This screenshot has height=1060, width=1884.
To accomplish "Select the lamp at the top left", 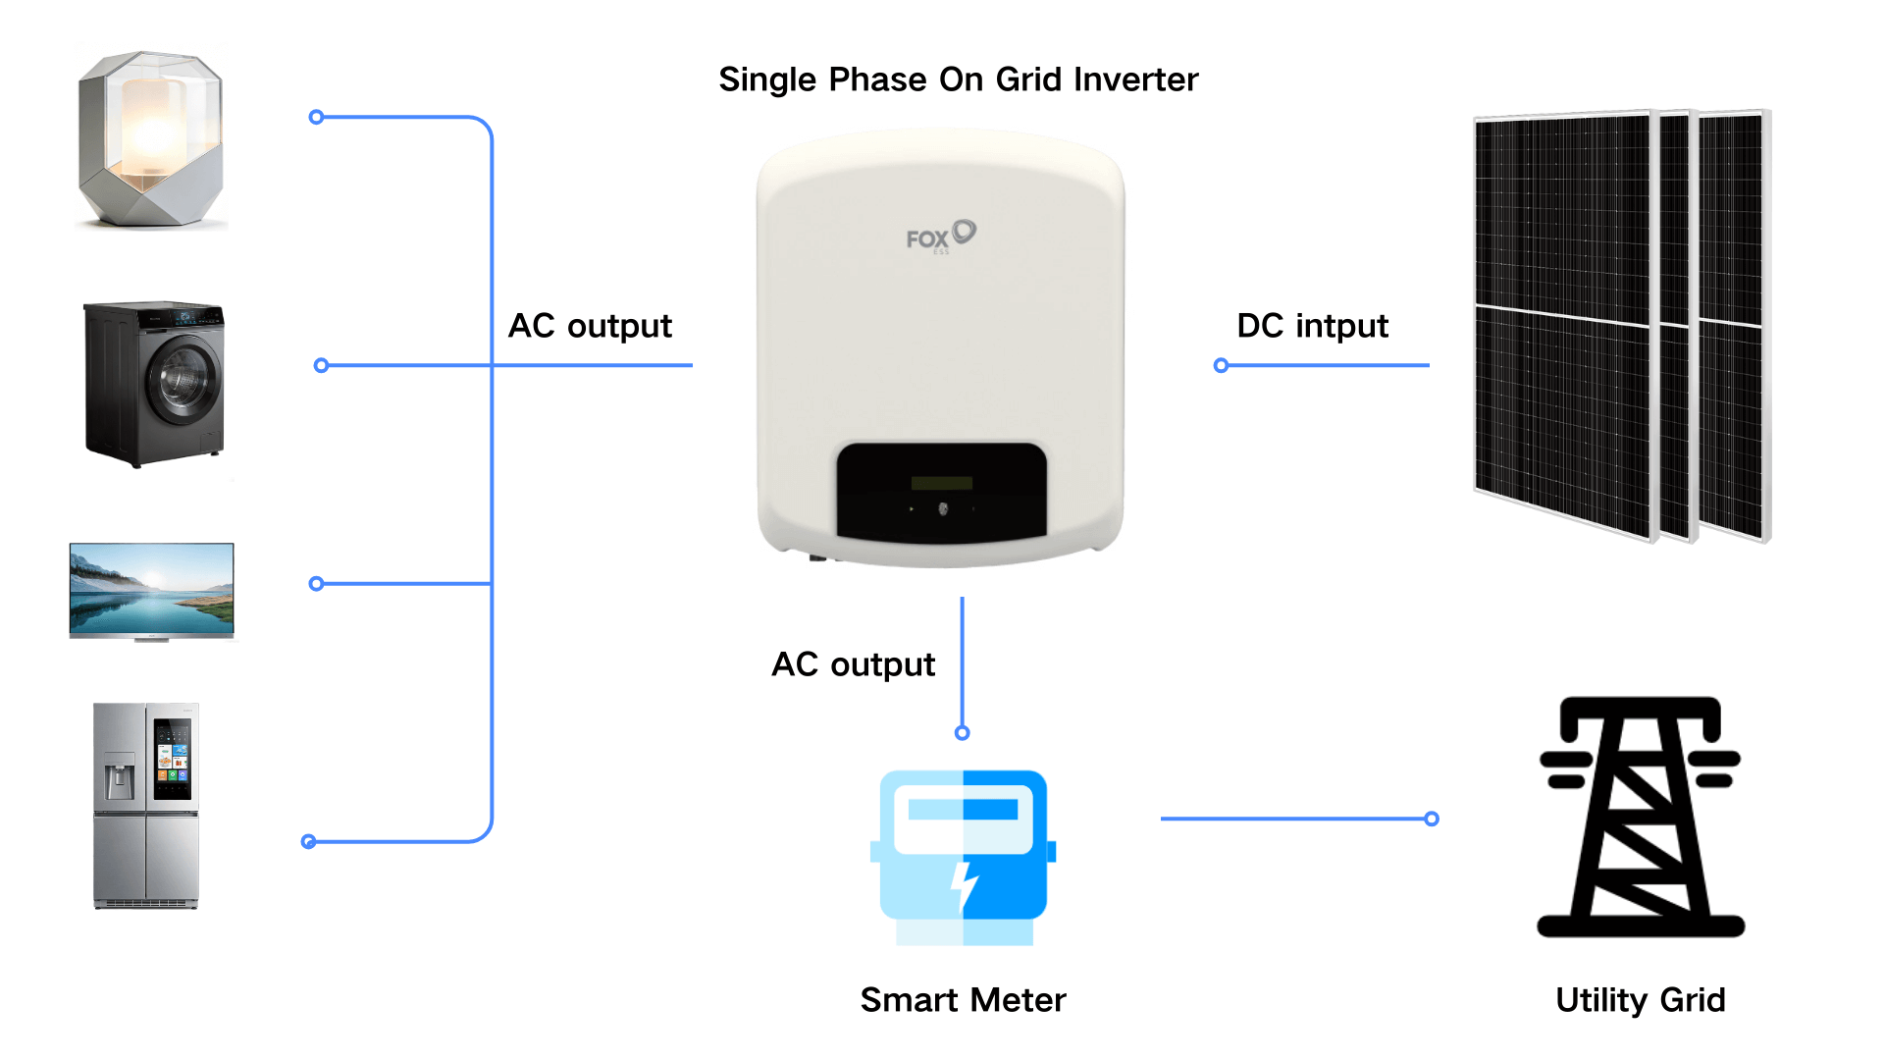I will point(151,139).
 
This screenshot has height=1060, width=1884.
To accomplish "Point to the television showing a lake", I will point(151,590).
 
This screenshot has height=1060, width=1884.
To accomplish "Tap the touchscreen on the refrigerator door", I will point(173,758).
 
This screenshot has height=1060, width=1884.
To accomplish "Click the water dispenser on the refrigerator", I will point(120,777).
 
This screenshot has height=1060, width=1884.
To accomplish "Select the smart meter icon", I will point(963,856).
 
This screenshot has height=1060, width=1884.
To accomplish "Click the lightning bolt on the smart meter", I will point(965,885).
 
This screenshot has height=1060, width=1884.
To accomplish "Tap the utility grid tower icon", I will point(1640,817).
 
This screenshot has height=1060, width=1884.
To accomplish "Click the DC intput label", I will point(1312,326).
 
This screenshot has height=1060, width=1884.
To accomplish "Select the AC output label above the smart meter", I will point(853,664).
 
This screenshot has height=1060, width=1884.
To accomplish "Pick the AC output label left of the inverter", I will point(590,326).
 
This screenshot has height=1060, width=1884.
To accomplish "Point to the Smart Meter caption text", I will point(963,1000).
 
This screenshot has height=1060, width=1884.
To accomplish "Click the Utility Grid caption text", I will point(1640,1000).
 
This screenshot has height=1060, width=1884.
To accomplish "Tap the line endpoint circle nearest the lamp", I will point(316,117).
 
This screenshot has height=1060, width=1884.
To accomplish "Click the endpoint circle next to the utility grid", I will point(1432,819).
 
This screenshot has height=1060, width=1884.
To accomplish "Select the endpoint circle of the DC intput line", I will point(1221,365).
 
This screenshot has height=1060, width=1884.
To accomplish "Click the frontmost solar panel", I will point(1562,324).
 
